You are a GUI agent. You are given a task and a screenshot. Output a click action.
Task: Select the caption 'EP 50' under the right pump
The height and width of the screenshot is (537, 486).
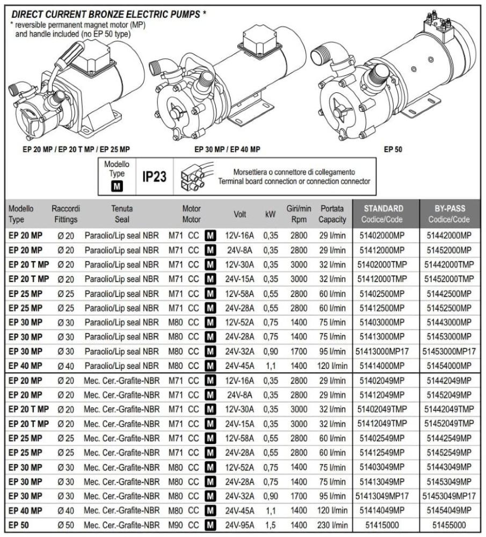393,149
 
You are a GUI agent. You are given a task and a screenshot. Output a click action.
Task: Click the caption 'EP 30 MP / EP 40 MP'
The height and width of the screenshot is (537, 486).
227,149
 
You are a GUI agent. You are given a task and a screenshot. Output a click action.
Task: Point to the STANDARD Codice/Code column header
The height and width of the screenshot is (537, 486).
384,214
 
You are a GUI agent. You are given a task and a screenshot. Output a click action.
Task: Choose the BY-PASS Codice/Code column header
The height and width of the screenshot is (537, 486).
449,214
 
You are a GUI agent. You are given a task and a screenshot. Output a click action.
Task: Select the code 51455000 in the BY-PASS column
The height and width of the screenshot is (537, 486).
449,526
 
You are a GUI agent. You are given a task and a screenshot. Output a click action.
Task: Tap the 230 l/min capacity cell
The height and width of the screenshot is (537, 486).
332,526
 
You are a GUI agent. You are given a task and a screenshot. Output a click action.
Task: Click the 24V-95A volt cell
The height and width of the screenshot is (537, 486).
240,526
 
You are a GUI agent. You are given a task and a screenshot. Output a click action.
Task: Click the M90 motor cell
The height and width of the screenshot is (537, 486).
177,526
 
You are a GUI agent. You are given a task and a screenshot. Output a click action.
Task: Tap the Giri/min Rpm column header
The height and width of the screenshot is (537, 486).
299,214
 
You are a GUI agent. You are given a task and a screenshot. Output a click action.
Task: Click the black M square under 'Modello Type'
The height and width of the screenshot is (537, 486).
117,187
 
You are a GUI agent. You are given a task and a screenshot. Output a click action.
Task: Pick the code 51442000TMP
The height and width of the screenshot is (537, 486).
449,265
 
